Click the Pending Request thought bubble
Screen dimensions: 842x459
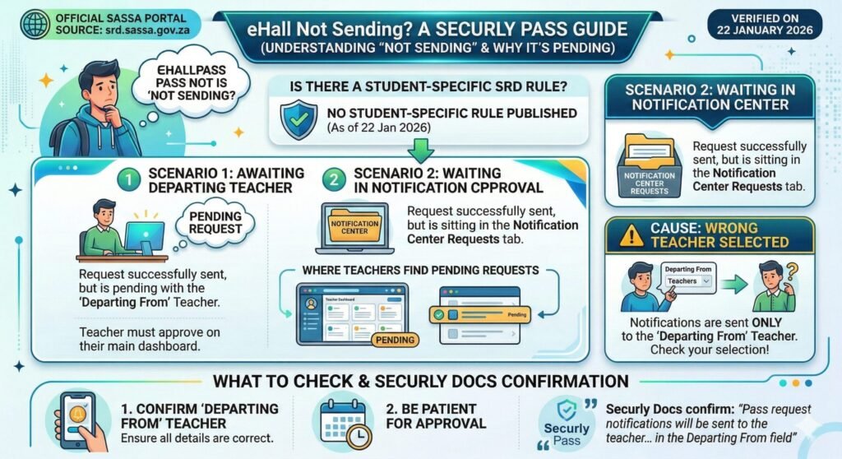coord(213,220)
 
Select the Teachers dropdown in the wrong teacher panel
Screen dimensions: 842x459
coord(687,281)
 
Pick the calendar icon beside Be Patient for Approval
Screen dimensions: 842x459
coord(344,419)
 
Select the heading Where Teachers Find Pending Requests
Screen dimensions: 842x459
coord(420,270)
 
